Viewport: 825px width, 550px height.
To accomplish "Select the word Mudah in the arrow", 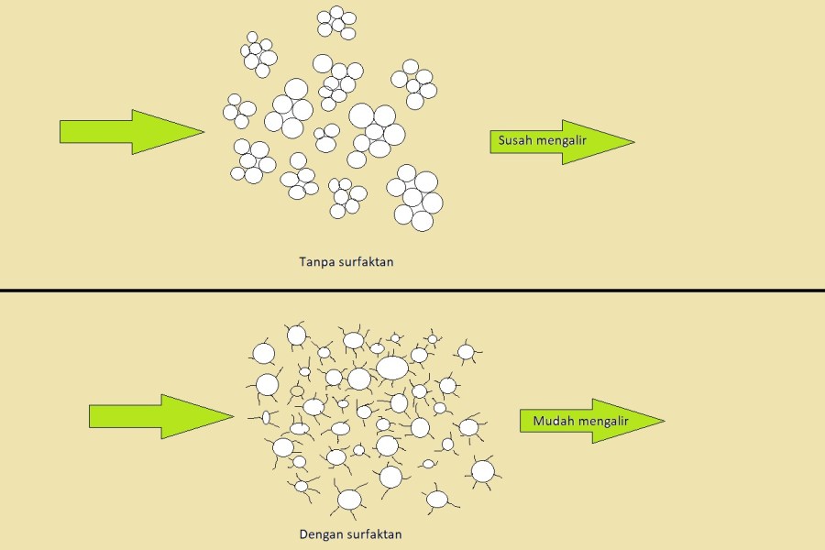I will tap(544, 422).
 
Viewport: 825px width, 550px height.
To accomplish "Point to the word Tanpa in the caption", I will tap(315, 262).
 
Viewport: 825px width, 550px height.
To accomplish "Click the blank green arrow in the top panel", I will tap(128, 132).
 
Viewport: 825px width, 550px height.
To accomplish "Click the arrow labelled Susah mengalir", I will tap(559, 141).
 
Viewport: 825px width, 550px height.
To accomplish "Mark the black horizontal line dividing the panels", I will tap(412, 291).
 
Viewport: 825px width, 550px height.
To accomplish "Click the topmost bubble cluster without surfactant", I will tap(337, 23).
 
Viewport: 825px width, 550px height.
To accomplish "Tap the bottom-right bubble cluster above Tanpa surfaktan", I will tap(414, 197).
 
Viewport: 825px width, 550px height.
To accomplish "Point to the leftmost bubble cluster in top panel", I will tap(239, 111).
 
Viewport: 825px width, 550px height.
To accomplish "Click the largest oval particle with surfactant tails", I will tap(392, 367).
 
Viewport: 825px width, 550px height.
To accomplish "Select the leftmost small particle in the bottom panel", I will tap(266, 418).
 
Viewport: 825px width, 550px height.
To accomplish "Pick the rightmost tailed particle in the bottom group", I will tap(482, 470).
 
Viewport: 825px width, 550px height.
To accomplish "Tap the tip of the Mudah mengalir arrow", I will tap(662, 422).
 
